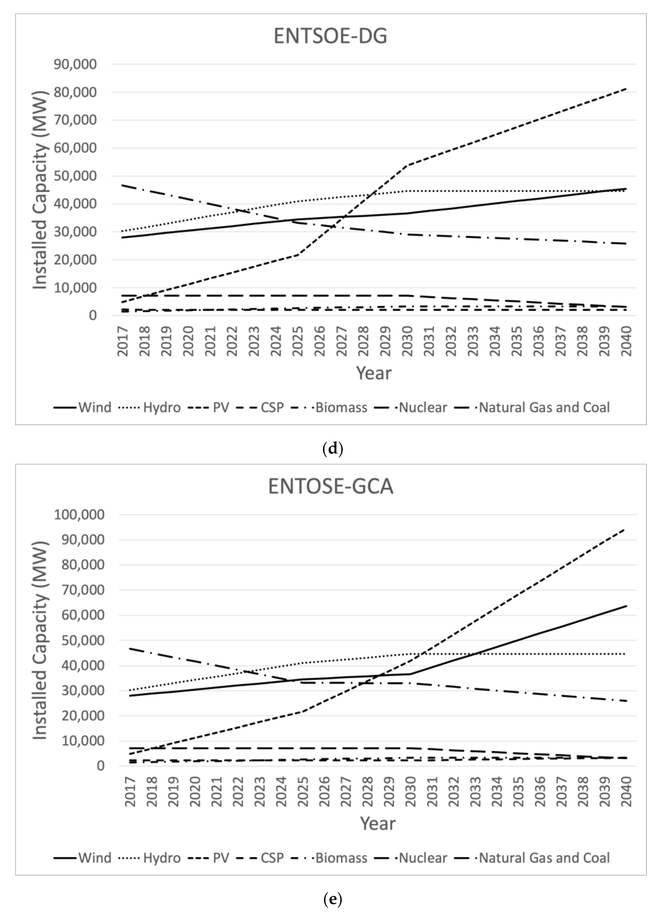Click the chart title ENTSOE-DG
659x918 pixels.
click(x=330, y=36)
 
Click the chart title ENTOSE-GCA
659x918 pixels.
click(x=330, y=486)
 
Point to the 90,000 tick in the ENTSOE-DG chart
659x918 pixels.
click(x=75, y=64)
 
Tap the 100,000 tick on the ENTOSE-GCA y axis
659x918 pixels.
click(x=79, y=514)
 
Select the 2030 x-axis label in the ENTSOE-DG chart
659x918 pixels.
click(x=407, y=341)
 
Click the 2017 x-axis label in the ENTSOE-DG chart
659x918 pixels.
click(x=122, y=341)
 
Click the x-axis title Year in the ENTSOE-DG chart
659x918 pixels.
click(x=373, y=373)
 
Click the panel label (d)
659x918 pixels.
click(x=333, y=449)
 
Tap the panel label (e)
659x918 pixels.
click(x=333, y=899)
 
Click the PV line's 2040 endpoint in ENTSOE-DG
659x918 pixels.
click(x=626, y=89)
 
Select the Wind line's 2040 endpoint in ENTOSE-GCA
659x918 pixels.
click(x=626, y=606)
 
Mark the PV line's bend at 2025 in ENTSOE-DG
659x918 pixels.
click(x=298, y=254)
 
